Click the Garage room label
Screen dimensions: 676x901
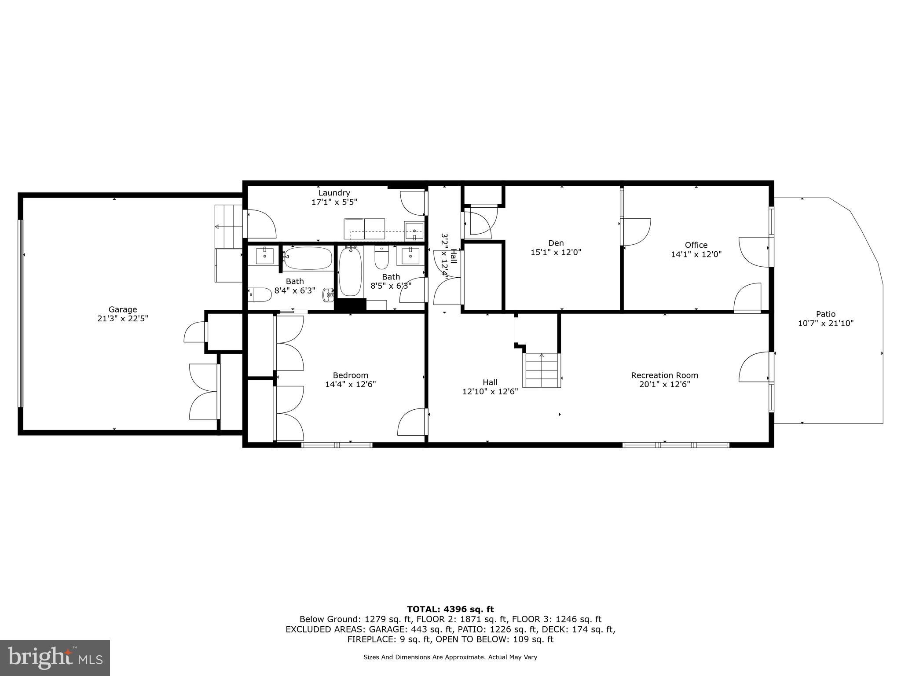(x=123, y=309)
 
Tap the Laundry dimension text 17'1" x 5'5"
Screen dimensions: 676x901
(x=334, y=202)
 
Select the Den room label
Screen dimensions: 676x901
(x=556, y=243)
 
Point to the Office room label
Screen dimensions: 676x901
(x=696, y=245)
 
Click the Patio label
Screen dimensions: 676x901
(x=825, y=314)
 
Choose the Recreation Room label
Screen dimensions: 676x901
(x=664, y=375)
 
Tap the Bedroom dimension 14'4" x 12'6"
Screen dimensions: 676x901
(x=350, y=384)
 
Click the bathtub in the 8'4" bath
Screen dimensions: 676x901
(x=308, y=258)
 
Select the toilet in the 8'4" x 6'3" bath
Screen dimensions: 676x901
(x=260, y=294)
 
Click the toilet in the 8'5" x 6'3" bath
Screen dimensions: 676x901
(x=381, y=258)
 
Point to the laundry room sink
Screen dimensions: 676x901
(x=414, y=231)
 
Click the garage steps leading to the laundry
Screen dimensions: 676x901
(x=229, y=227)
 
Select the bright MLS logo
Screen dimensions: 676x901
(x=55, y=658)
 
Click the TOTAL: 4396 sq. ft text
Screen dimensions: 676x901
(x=450, y=609)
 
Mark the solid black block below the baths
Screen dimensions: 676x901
(x=350, y=305)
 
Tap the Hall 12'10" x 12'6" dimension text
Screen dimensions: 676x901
(x=490, y=391)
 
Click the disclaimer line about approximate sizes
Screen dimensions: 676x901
(x=450, y=657)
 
